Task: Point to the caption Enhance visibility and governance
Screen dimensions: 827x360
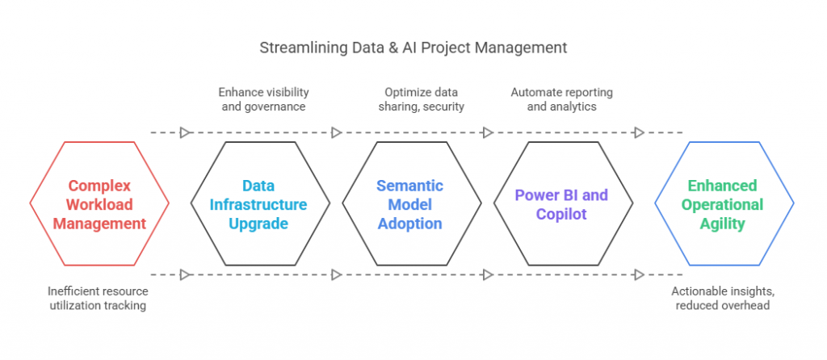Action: pyautogui.click(x=263, y=99)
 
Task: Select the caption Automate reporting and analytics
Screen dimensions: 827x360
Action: pyautogui.click(x=561, y=99)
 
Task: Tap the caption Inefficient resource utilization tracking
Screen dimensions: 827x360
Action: pyautogui.click(x=98, y=298)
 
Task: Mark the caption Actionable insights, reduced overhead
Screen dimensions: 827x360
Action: pyautogui.click(x=722, y=298)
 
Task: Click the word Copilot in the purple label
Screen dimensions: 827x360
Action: pyautogui.click(x=563, y=214)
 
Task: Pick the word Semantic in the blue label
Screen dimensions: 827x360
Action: pyautogui.click(x=409, y=186)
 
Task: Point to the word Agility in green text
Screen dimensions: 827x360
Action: pyautogui.click(x=722, y=224)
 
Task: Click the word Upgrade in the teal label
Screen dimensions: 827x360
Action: pyautogui.click(x=258, y=224)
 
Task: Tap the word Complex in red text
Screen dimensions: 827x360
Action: pyautogui.click(x=99, y=186)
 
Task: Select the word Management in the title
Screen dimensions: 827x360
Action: pyautogui.click(x=521, y=48)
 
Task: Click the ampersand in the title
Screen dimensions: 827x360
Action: pyautogui.click(x=391, y=48)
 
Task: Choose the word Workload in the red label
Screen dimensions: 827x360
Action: pyautogui.click(x=99, y=204)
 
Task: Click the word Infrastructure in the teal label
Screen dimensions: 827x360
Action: pyautogui.click(x=258, y=204)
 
